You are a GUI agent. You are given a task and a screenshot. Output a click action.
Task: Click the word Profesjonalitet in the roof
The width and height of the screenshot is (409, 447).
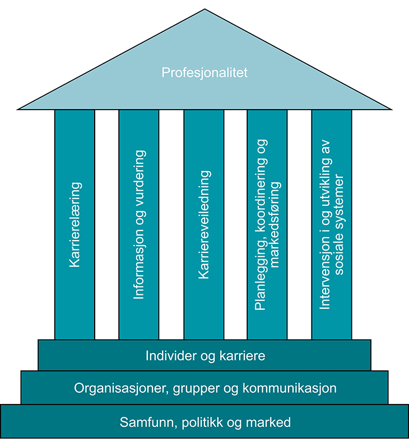(204, 73)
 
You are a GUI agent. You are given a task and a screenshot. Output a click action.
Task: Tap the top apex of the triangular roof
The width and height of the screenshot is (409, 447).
(204, 10)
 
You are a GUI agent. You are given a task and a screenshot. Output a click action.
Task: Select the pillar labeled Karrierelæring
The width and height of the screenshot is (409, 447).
(75, 224)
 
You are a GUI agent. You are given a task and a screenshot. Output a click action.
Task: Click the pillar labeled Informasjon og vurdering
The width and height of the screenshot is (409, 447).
(139, 224)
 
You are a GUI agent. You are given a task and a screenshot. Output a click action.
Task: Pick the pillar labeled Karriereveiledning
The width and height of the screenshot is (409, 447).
(204, 224)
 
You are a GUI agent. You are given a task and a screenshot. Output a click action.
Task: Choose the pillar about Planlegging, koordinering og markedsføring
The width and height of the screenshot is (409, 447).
(267, 224)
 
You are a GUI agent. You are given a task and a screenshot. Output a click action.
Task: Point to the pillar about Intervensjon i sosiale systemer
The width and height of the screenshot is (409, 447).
(332, 224)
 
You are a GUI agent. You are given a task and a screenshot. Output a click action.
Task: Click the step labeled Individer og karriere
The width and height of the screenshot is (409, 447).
(204, 355)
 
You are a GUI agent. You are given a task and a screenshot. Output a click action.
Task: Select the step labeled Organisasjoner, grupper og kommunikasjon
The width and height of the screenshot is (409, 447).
(204, 387)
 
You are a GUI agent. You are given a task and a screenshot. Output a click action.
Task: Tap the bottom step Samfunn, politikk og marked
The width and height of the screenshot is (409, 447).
(204, 422)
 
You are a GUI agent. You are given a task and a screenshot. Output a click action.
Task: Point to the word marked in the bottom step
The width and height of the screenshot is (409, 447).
(273, 422)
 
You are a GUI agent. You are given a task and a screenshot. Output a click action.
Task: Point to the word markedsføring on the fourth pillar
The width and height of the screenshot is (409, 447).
(274, 224)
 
